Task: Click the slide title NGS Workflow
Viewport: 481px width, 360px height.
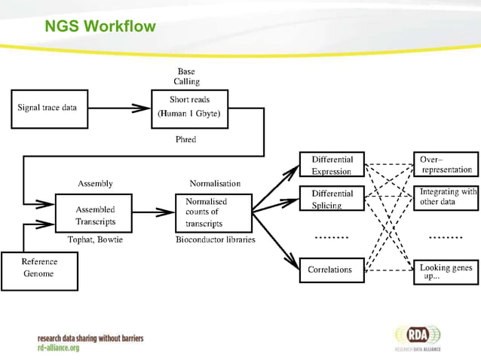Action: click(100, 28)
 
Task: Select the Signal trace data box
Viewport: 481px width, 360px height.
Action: click(48, 108)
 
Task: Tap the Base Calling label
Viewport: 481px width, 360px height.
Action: click(187, 77)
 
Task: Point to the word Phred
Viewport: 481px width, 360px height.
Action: click(186, 139)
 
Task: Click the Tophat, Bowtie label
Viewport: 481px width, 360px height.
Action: click(95, 240)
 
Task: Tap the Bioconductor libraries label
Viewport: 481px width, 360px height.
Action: click(215, 240)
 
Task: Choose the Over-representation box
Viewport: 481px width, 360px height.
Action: click(446, 165)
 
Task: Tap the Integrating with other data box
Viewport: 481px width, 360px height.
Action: click(446, 197)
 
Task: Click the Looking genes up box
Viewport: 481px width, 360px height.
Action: click(446, 272)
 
